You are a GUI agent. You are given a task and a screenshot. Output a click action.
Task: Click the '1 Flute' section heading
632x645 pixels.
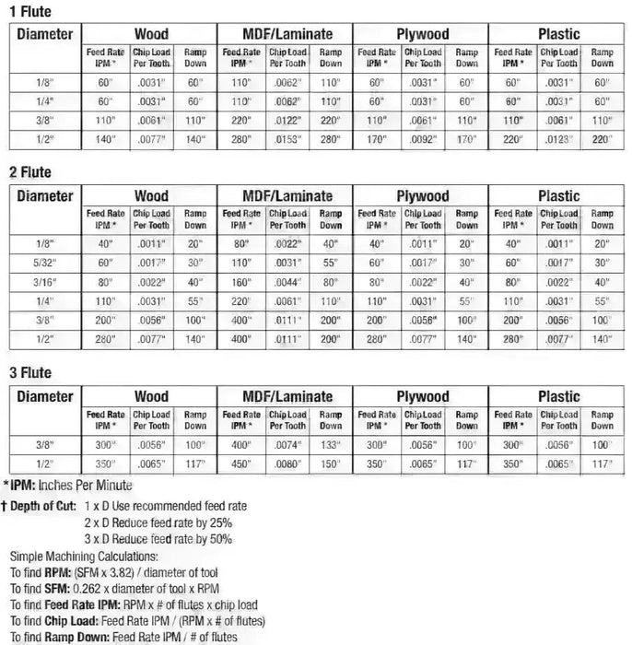pos(29,12)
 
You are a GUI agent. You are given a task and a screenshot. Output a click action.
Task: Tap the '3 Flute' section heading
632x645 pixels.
pos(29,373)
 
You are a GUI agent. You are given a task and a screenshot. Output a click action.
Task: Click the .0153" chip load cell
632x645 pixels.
pos(287,140)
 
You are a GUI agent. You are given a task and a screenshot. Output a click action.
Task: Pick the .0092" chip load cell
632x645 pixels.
pos(422,140)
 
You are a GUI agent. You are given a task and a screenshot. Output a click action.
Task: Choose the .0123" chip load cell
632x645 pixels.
pos(557,140)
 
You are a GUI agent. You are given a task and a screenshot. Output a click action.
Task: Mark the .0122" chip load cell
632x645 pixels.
pos(287,121)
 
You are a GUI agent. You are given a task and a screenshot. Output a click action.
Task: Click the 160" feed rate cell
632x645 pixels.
pos(241,282)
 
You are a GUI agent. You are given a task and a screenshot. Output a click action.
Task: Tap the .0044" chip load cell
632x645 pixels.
pos(287,282)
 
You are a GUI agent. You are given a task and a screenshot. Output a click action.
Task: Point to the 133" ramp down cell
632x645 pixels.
pos(331,445)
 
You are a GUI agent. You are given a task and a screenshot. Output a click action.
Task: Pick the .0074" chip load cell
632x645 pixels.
pos(287,445)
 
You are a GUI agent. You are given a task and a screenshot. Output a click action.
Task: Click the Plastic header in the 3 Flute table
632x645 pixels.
pos(558,396)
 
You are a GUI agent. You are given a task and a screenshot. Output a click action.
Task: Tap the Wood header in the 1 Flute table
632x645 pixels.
pos(151,33)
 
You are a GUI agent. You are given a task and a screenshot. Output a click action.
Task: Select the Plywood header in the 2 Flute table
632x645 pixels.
pos(422,195)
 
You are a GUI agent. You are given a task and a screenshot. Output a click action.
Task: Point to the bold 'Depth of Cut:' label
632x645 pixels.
pos(42,506)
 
